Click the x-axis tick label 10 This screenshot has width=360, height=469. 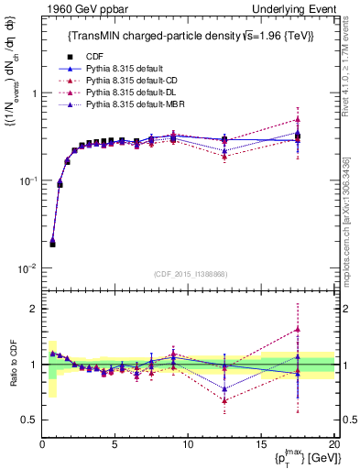(188, 445)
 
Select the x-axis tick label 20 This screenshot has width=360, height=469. (333, 445)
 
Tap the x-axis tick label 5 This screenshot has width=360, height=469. (115, 445)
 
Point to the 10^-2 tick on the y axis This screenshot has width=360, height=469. (28, 268)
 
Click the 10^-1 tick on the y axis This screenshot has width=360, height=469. (28, 181)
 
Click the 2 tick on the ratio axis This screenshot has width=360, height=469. (34, 309)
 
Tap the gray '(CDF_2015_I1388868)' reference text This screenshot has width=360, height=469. (189, 274)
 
